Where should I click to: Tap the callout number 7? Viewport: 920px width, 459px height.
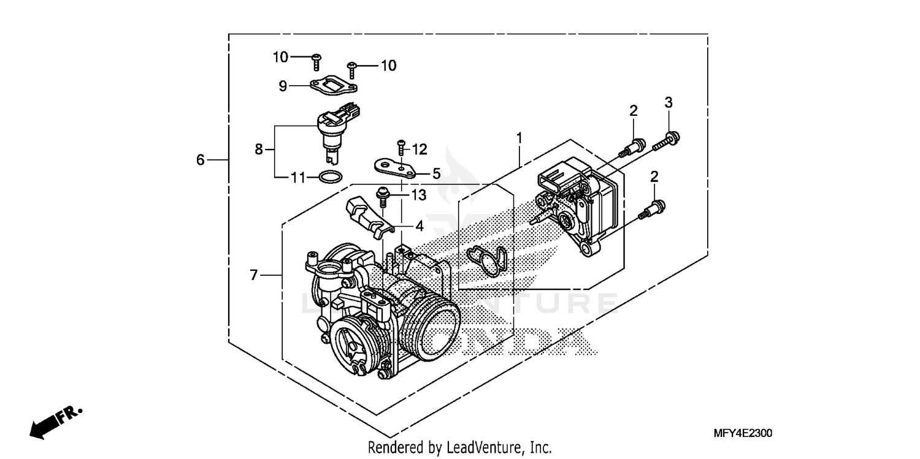[x=254, y=276]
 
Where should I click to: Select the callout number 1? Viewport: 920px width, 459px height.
[x=519, y=138]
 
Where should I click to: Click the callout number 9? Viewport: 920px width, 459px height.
[x=283, y=86]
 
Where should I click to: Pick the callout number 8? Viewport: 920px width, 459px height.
[x=258, y=149]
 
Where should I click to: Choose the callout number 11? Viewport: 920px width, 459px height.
[x=298, y=178]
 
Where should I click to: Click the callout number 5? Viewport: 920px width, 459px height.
[x=436, y=174]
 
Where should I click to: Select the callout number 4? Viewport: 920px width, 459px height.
[x=420, y=226]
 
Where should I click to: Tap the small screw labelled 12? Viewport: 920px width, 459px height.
[x=401, y=146]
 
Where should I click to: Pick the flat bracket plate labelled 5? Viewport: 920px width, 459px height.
[x=396, y=167]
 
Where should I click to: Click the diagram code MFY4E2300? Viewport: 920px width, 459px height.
[x=742, y=433]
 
